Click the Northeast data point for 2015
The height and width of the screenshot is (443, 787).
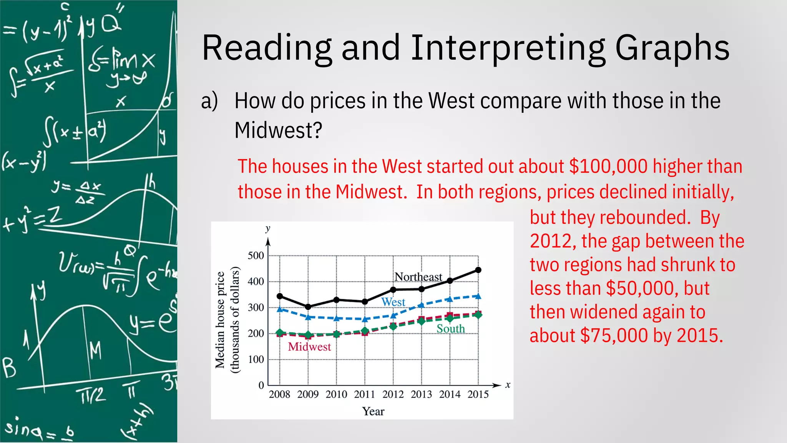click(478, 270)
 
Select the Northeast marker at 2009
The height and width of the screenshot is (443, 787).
click(308, 306)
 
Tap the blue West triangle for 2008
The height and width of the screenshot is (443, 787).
click(280, 309)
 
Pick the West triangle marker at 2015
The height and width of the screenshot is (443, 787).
click(478, 296)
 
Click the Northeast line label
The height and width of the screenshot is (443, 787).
click(418, 277)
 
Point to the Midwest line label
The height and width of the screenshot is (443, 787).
click(309, 347)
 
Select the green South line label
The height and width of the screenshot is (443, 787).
click(450, 329)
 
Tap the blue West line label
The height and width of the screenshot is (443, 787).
click(393, 302)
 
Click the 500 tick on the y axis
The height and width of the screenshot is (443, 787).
click(256, 256)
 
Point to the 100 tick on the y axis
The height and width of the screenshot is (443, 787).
click(256, 360)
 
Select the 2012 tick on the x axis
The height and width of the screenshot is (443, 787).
click(393, 395)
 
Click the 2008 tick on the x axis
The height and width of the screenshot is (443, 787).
click(279, 395)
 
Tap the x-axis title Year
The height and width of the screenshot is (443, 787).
click(373, 411)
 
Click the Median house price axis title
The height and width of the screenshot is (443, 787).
click(220, 320)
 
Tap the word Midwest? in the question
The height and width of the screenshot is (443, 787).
click(278, 130)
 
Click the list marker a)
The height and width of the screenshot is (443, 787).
click(209, 101)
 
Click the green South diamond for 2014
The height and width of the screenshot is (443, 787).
click(450, 318)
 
